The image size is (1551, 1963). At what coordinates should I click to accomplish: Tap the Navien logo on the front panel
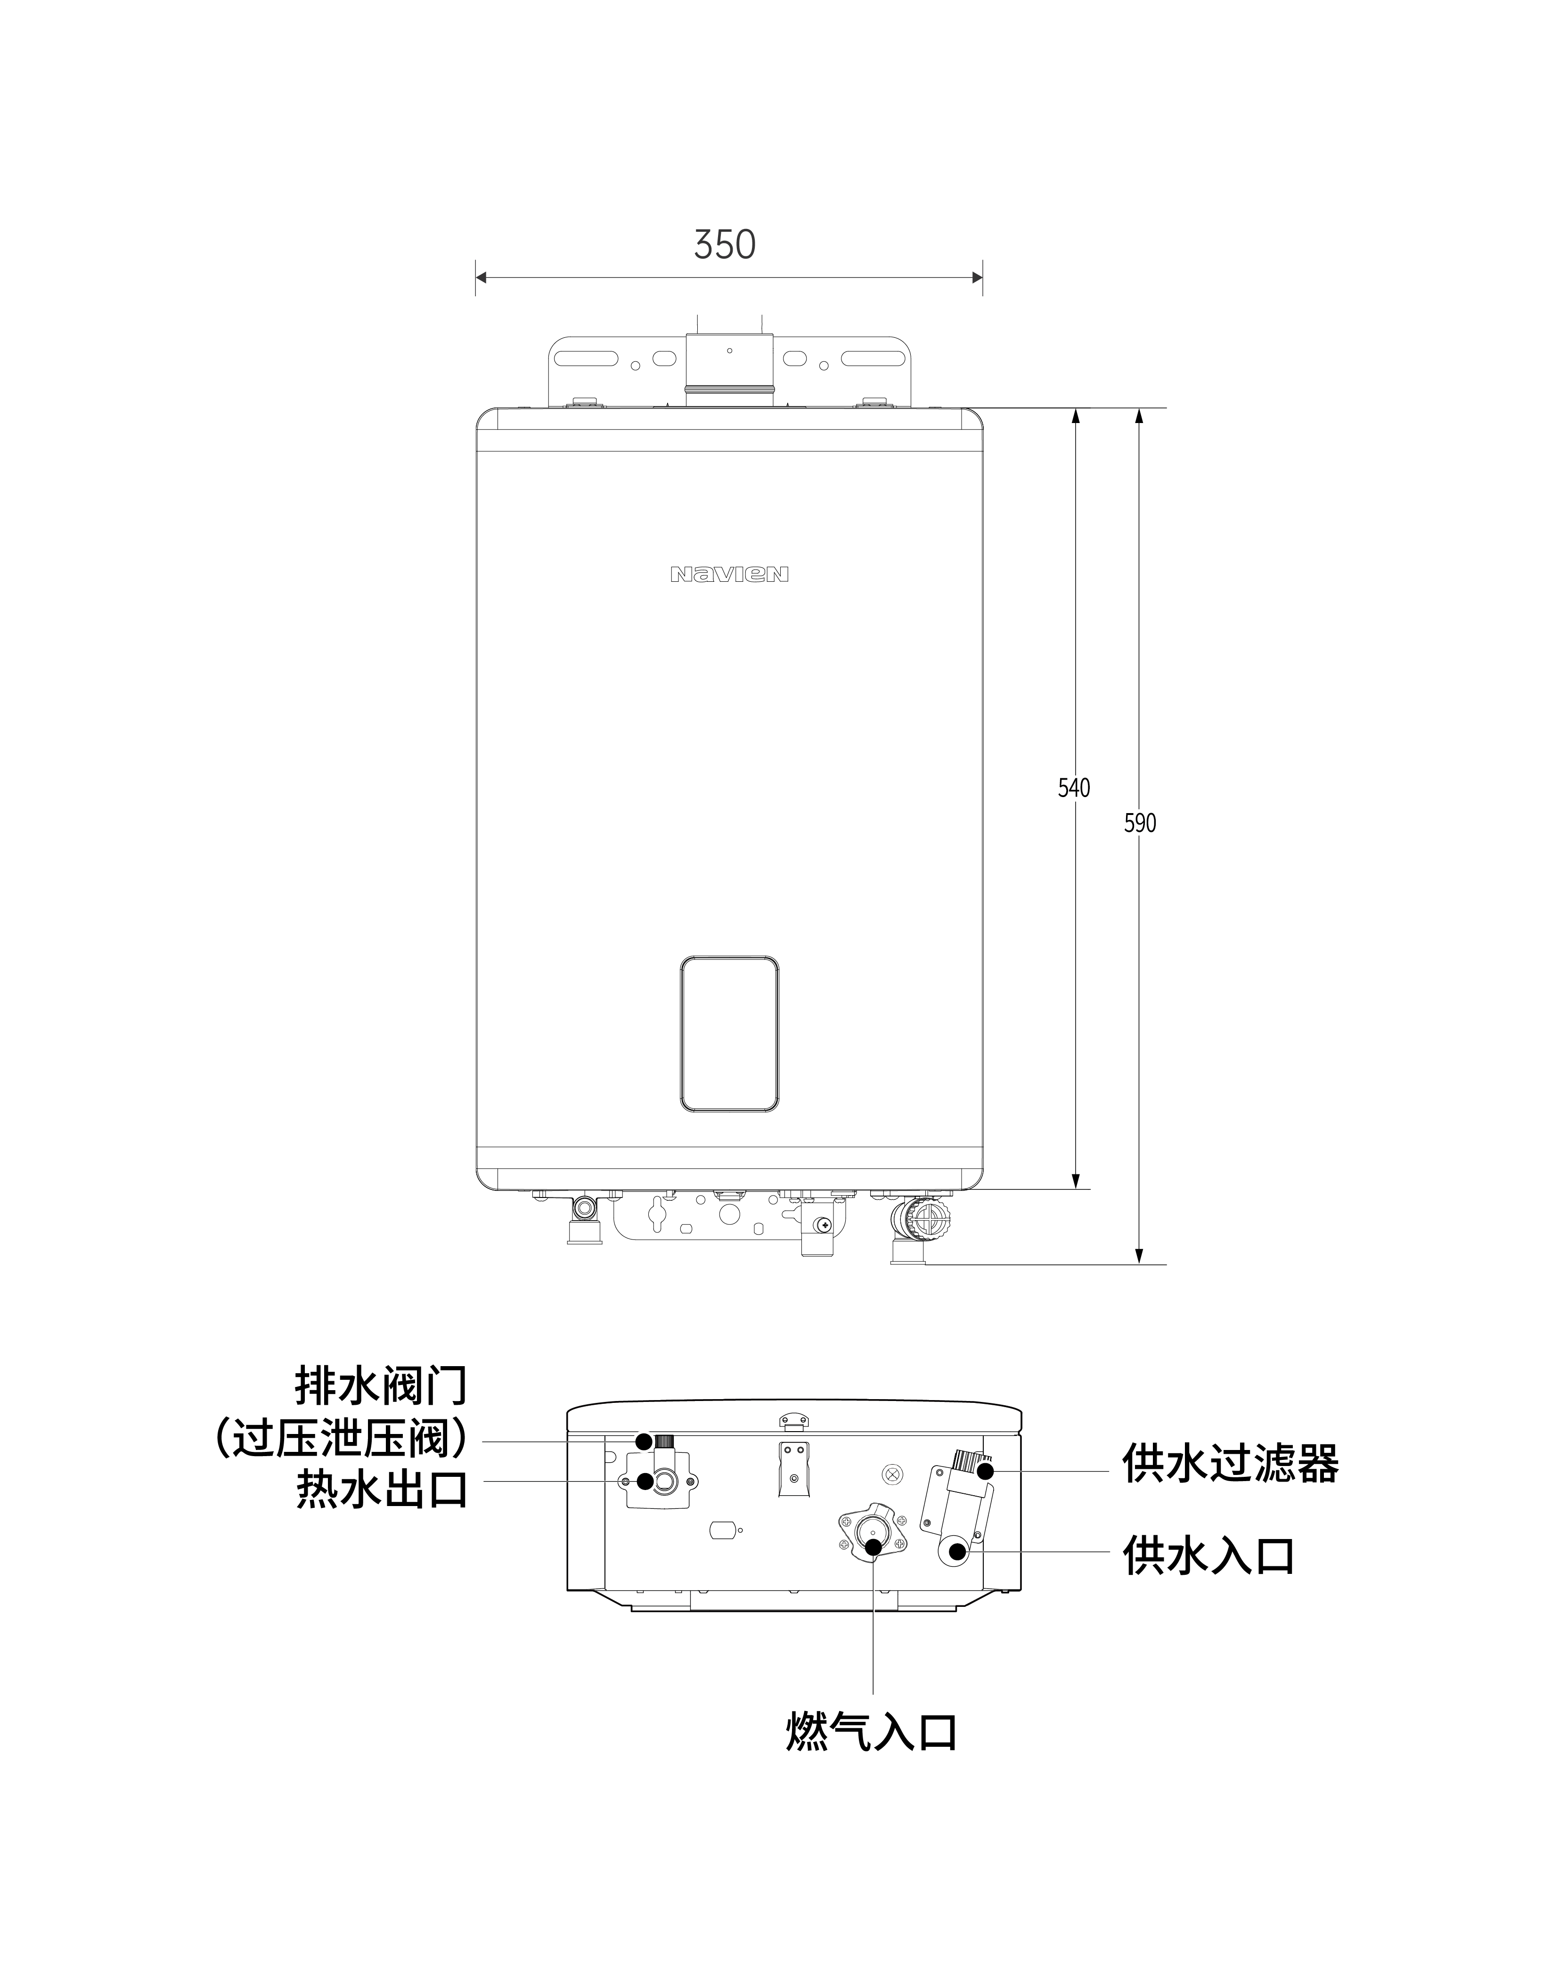point(729,574)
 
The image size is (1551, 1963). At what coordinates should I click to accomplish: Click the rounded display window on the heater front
point(729,1033)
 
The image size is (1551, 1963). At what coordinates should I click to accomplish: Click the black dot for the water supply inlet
point(956,1551)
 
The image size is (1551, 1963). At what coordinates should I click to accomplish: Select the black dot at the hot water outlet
point(645,1481)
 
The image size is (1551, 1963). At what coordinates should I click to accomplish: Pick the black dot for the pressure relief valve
point(643,1441)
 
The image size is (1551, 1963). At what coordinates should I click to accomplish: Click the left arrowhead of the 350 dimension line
point(482,278)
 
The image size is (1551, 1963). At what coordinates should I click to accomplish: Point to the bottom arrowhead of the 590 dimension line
point(1140,1256)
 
